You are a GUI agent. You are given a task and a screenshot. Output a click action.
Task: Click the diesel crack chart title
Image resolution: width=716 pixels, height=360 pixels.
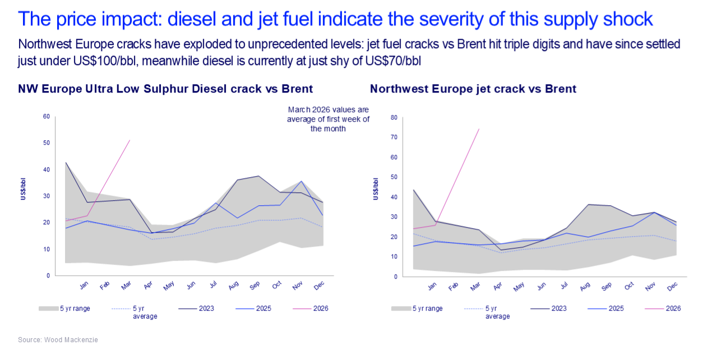[x=165, y=89]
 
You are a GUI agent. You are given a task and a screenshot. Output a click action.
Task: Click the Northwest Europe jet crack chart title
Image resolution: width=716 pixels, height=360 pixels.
[x=473, y=89]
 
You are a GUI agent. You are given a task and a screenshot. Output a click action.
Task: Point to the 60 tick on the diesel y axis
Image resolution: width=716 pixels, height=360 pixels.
[x=47, y=117]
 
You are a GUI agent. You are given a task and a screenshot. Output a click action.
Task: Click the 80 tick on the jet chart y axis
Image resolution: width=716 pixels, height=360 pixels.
[x=394, y=118]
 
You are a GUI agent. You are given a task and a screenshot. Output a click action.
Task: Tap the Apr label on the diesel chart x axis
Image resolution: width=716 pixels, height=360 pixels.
[x=148, y=285]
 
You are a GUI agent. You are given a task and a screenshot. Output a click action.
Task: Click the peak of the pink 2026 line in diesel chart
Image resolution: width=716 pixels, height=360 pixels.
[x=130, y=141]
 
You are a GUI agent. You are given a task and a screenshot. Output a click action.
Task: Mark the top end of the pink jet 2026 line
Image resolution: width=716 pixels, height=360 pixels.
[x=479, y=130]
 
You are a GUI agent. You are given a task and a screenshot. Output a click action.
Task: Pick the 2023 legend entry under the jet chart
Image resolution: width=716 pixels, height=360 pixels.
[x=558, y=308]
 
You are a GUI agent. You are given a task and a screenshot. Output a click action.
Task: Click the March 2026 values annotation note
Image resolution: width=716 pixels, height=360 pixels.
[x=328, y=119]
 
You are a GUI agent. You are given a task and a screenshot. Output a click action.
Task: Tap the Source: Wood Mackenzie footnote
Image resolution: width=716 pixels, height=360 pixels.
[x=54, y=340]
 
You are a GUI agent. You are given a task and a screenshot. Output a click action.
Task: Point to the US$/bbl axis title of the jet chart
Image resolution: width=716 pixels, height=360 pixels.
[x=376, y=188]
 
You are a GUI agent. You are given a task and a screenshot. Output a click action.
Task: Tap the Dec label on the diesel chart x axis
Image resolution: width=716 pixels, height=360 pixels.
[x=318, y=285]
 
